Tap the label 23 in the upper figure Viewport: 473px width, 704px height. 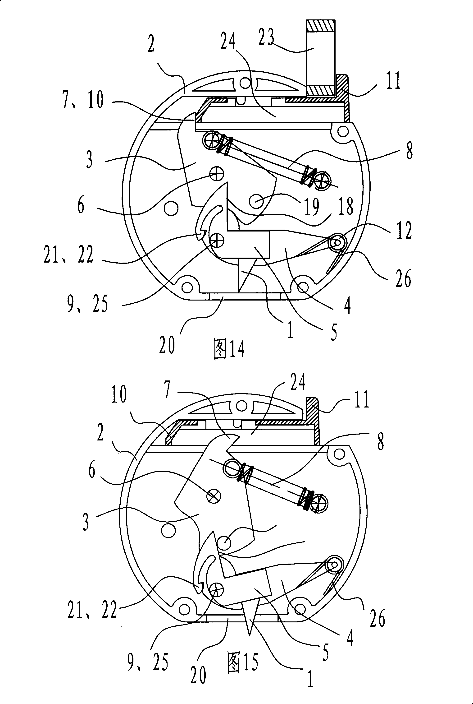point(266,37)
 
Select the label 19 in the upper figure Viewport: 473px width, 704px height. point(311,207)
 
